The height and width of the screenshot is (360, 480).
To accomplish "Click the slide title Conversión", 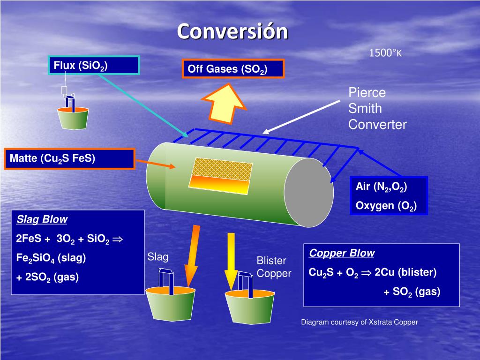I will click(x=232, y=32).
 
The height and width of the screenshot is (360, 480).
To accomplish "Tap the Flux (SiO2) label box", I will click(x=94, y=65).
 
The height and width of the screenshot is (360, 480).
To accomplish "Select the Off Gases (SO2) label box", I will click(x=233, y=69).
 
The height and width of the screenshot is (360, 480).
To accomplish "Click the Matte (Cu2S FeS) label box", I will click(x=70, y=158).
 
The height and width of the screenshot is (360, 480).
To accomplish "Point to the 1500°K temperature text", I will click(x=385, y=53).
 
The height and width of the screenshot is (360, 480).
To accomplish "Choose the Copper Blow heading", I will click(x=342, y=254).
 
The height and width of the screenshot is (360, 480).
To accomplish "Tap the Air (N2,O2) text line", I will click(x=382, y=187).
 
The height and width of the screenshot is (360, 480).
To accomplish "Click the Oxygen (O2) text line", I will click(x=386, y=206).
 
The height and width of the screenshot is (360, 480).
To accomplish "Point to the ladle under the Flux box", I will click(x=73, y=118).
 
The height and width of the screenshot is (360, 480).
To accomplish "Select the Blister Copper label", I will click(x=274, y=267).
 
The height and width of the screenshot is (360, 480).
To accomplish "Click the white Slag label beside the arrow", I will click(x=158, y=257).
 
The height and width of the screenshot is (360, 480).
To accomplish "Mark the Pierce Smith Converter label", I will click(x=377, y=109).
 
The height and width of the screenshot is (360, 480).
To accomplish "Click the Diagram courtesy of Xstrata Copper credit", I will click(x=359, y=322).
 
